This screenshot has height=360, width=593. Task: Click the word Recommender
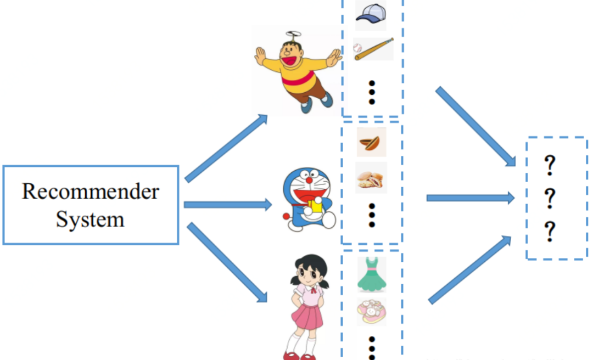click(x=91, y=192)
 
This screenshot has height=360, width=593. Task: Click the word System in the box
click(x=91, y=220)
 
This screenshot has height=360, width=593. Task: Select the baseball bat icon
click(x=373, y=49)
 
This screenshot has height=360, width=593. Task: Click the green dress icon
click(x=372, y=274)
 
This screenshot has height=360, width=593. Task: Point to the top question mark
click(x=549, y=165)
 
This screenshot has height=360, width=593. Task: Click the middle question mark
click(x=549, y=198)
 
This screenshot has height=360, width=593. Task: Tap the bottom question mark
click(x=549, y=233)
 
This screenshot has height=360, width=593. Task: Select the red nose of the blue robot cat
click(x=309, y=179)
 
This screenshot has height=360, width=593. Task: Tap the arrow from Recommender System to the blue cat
click(x=227, y=205)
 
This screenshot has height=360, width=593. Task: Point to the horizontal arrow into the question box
click(x=470, y=198)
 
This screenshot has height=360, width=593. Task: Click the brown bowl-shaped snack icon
click(x=371, y=143)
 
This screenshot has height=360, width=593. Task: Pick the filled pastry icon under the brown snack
click(x=371, y=178)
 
